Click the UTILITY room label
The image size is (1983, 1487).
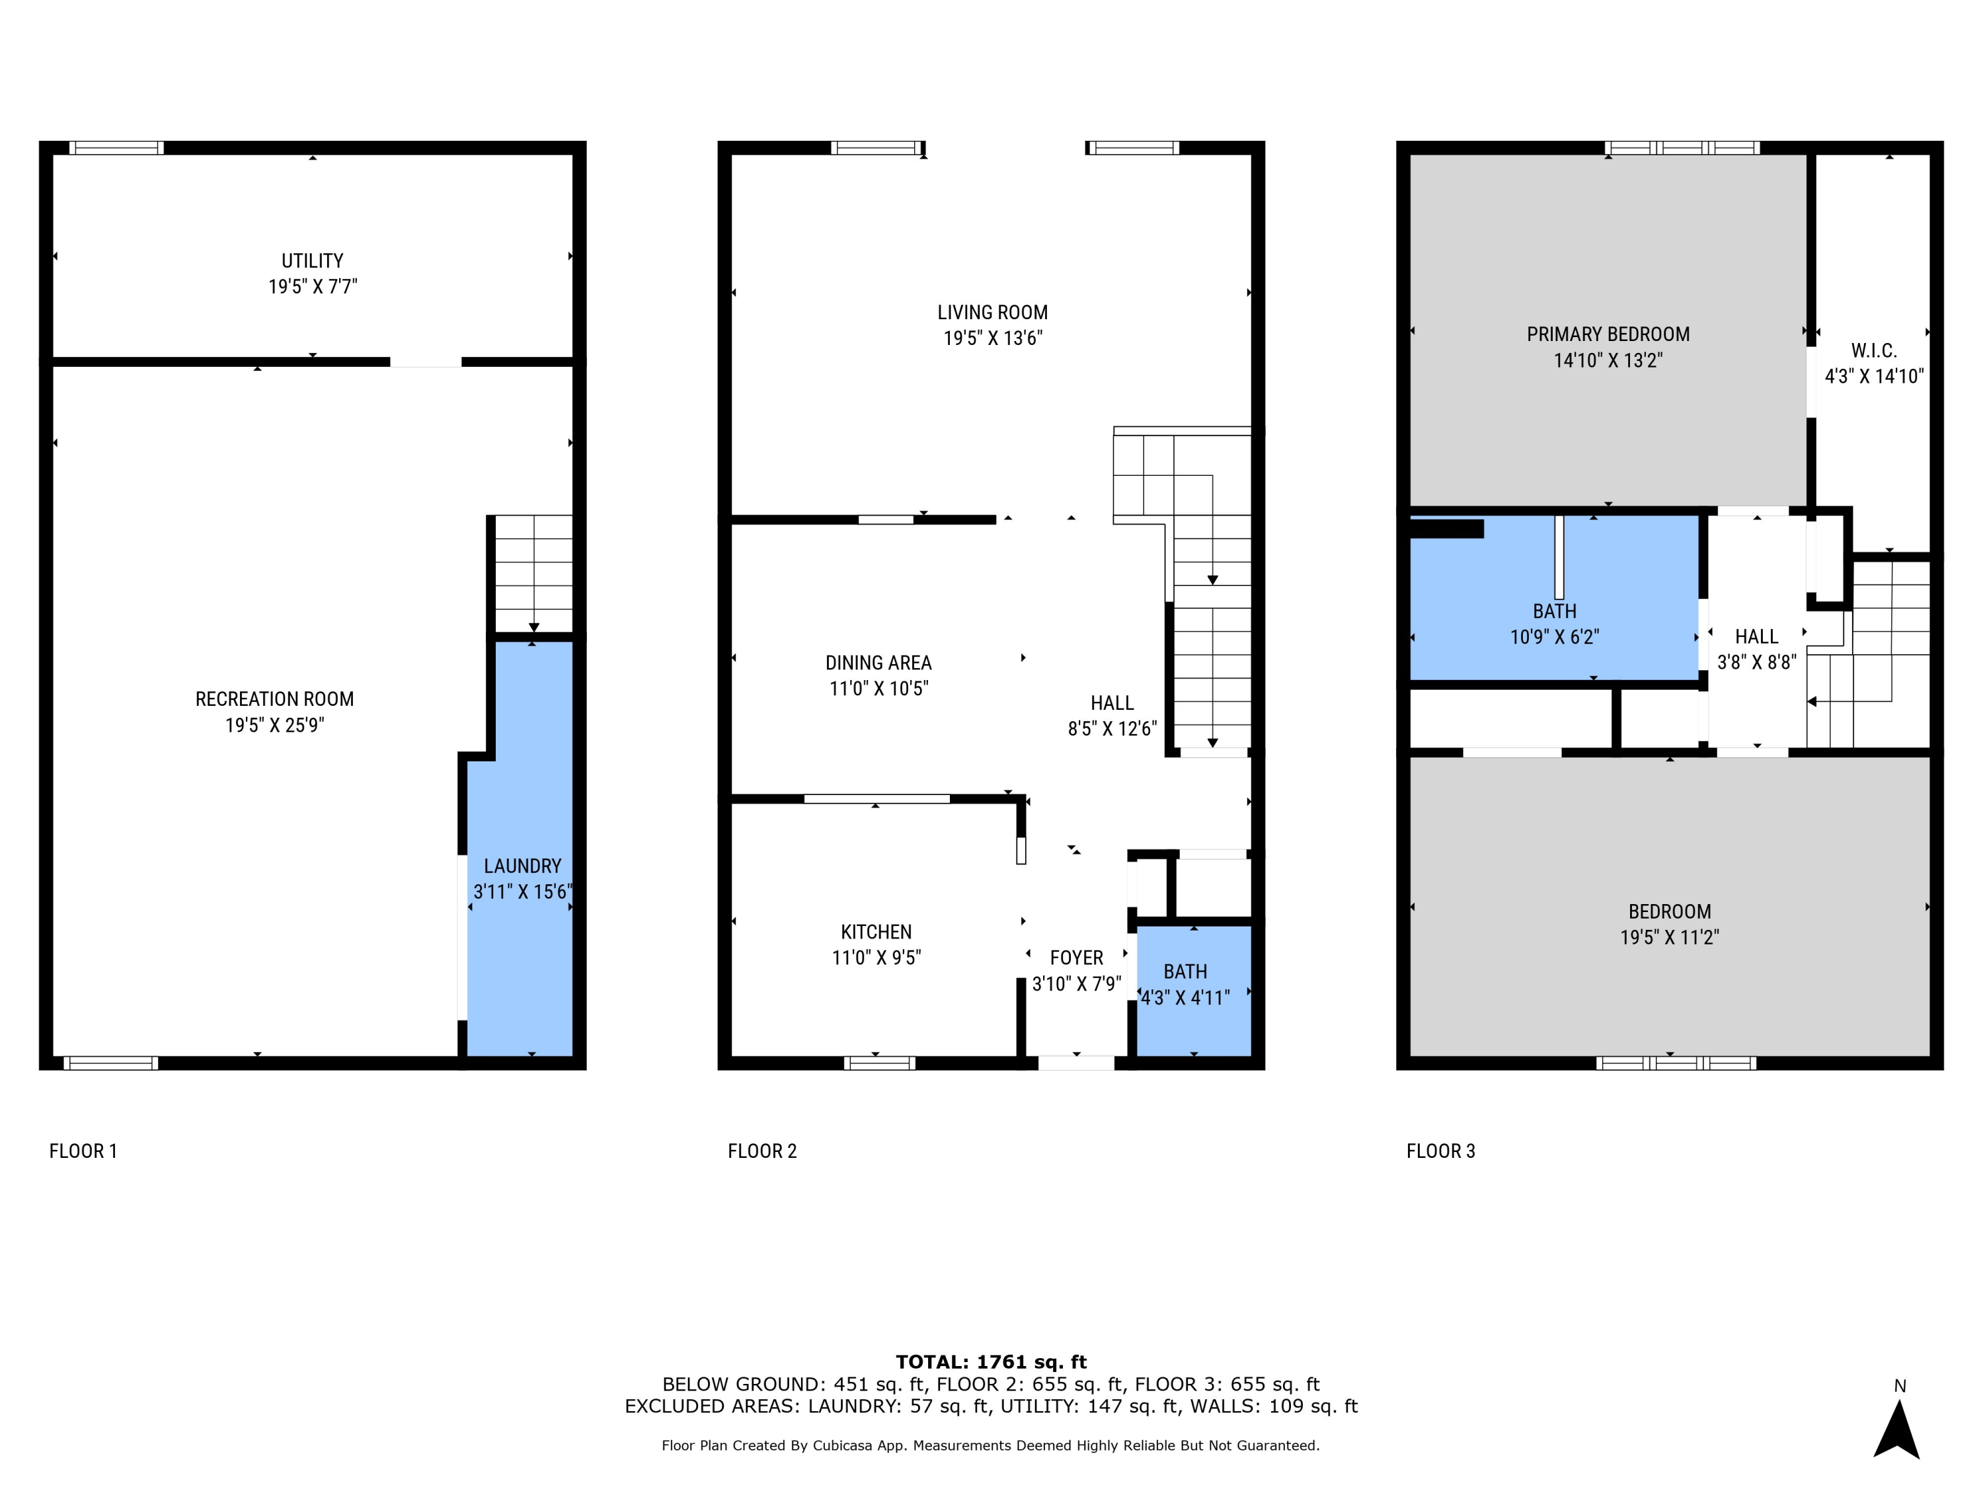[x=312, y=261]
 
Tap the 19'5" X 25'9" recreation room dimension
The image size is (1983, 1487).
[x=274, y=725]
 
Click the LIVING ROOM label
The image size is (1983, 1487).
[x=992, y=313]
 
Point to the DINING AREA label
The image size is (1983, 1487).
[x=878, y=664]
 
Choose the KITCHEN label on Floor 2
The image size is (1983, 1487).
[x=876, y=932]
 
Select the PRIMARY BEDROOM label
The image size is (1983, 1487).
[x=1608, y=334]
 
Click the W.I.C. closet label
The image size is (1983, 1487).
[x=1874, y=350]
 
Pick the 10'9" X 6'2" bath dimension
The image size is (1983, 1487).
[x=1555, y=637]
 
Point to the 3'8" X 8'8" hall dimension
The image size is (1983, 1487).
[x=1756, y=662]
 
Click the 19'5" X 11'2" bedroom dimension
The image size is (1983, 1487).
[x=1669, y=938]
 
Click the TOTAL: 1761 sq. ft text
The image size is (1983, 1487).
[x=991, y=1362]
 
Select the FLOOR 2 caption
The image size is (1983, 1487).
[x=762, y=1151]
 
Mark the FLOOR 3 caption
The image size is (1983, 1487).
[x=1440, y=1151]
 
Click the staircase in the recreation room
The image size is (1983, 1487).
[x=533, y=574]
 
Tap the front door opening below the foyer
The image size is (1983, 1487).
[x=1075, y=1063]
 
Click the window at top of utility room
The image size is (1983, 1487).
[x=116, y=148]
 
